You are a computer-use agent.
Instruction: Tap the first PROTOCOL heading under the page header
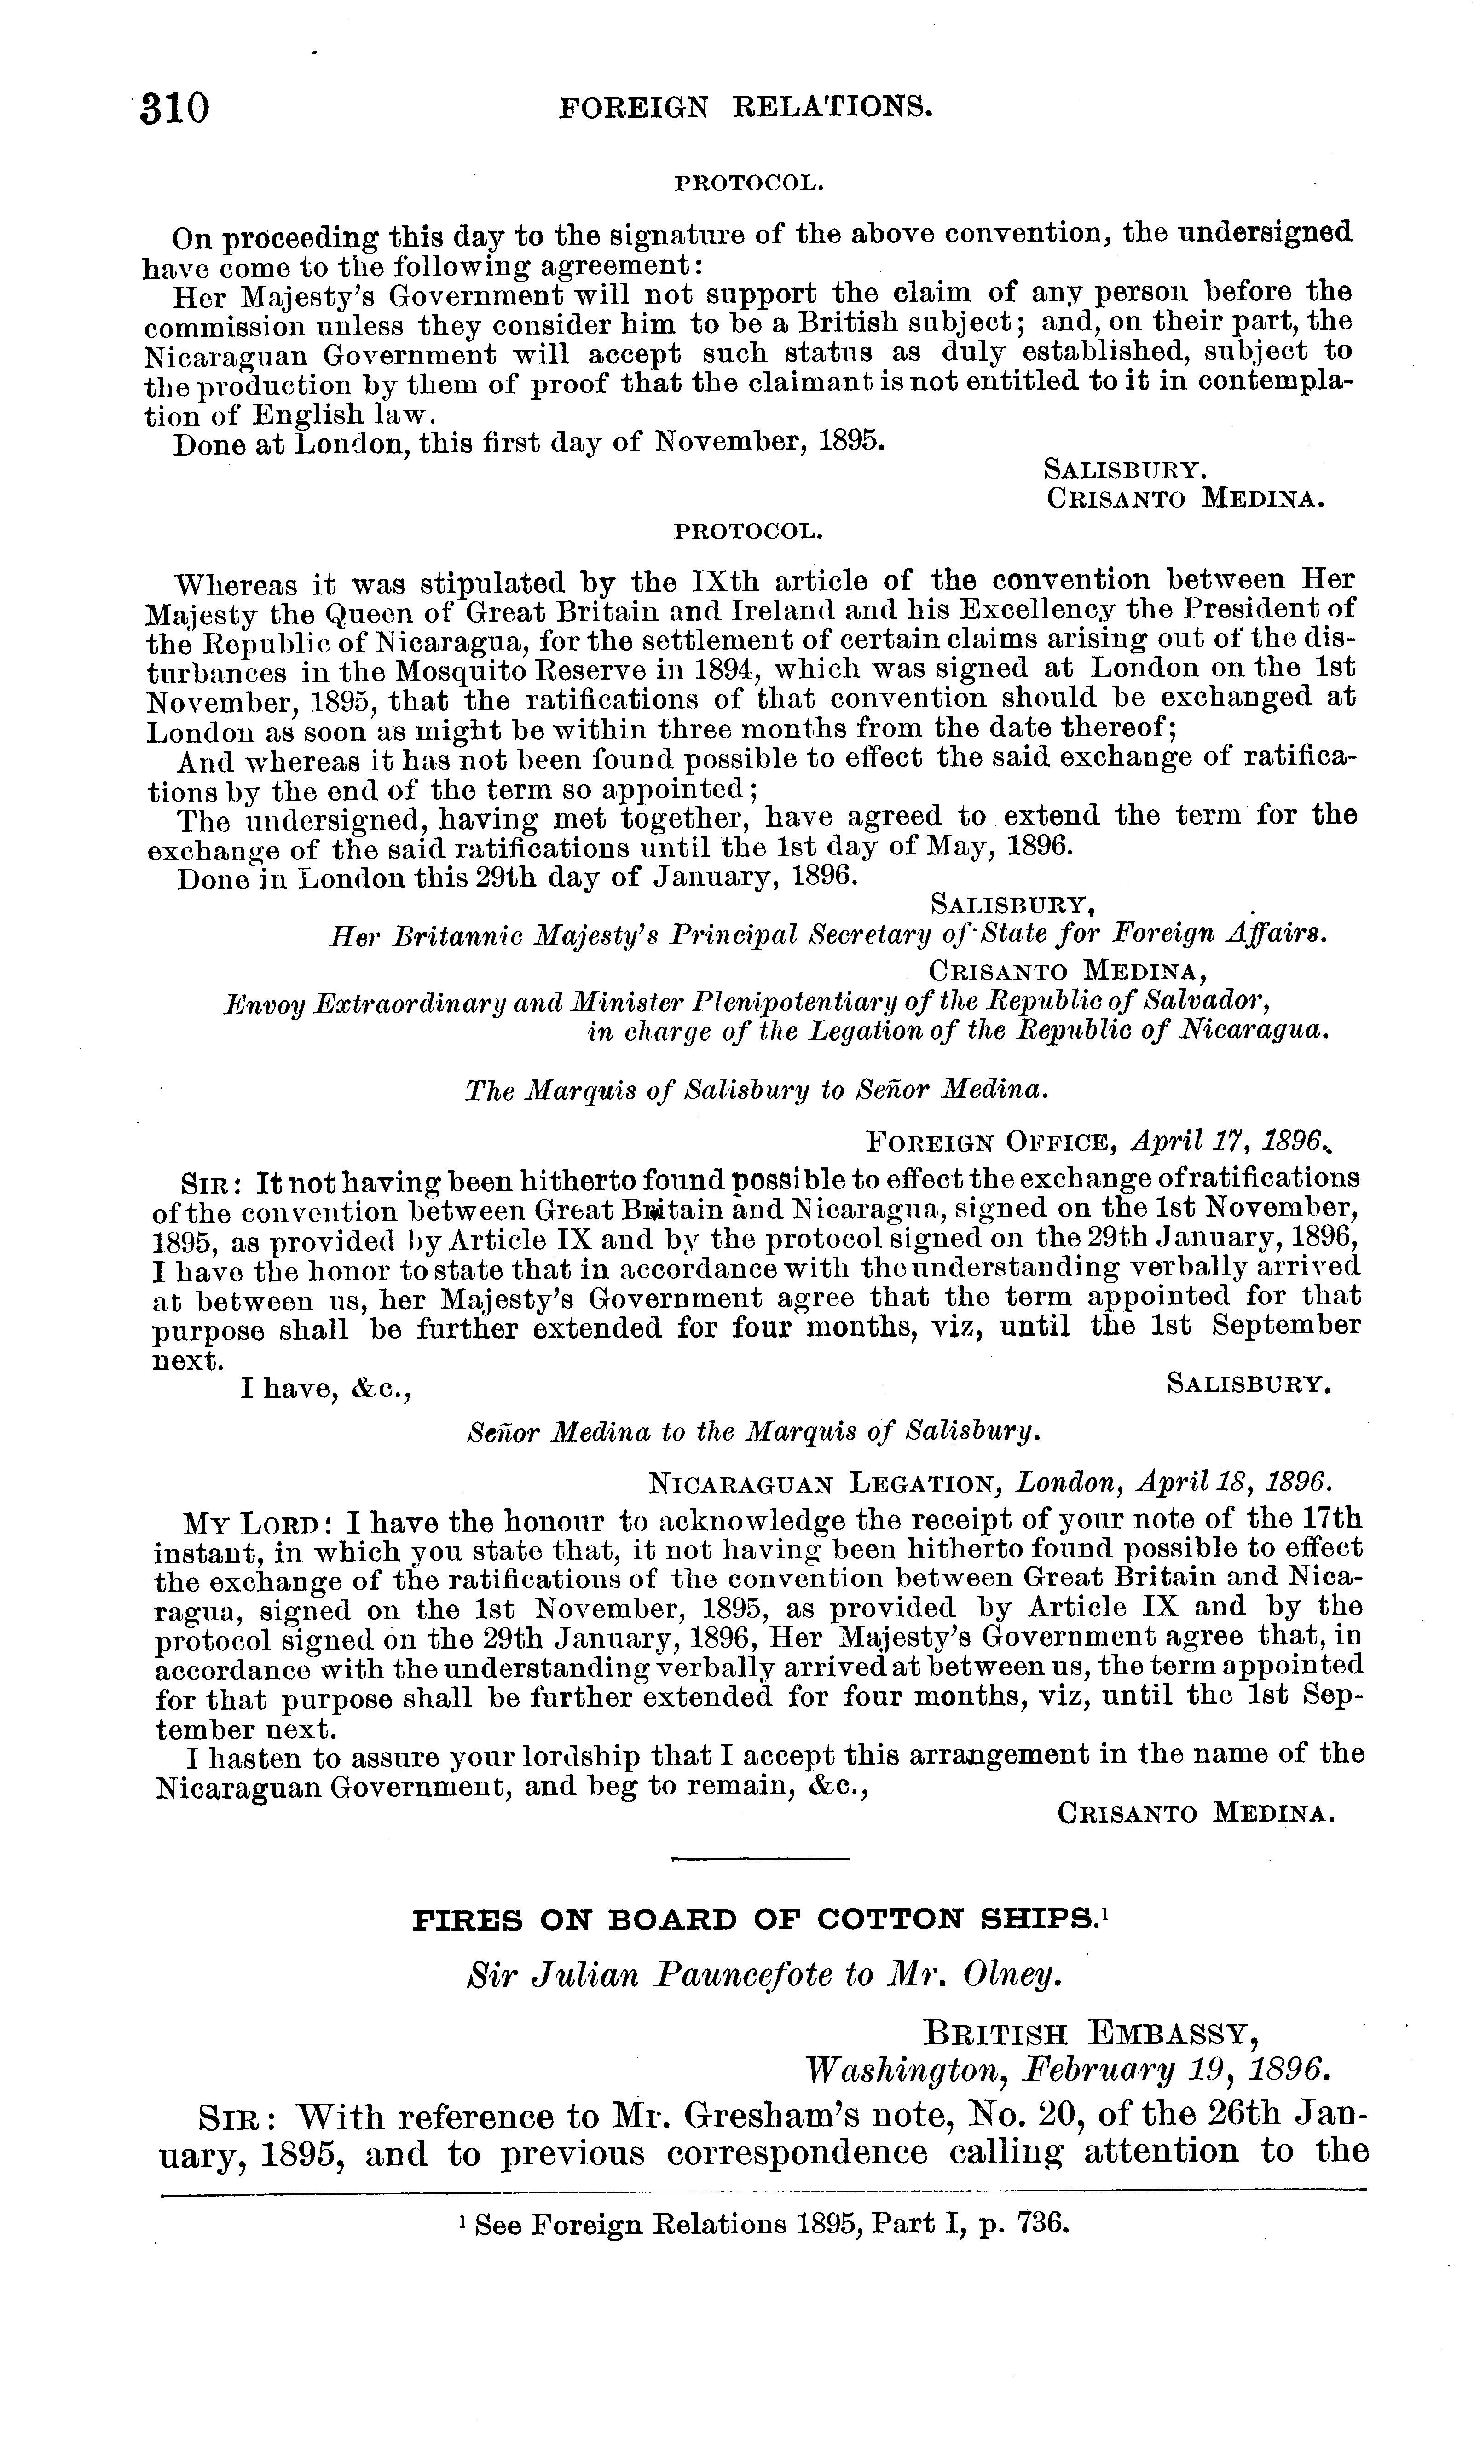point(749,184)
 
